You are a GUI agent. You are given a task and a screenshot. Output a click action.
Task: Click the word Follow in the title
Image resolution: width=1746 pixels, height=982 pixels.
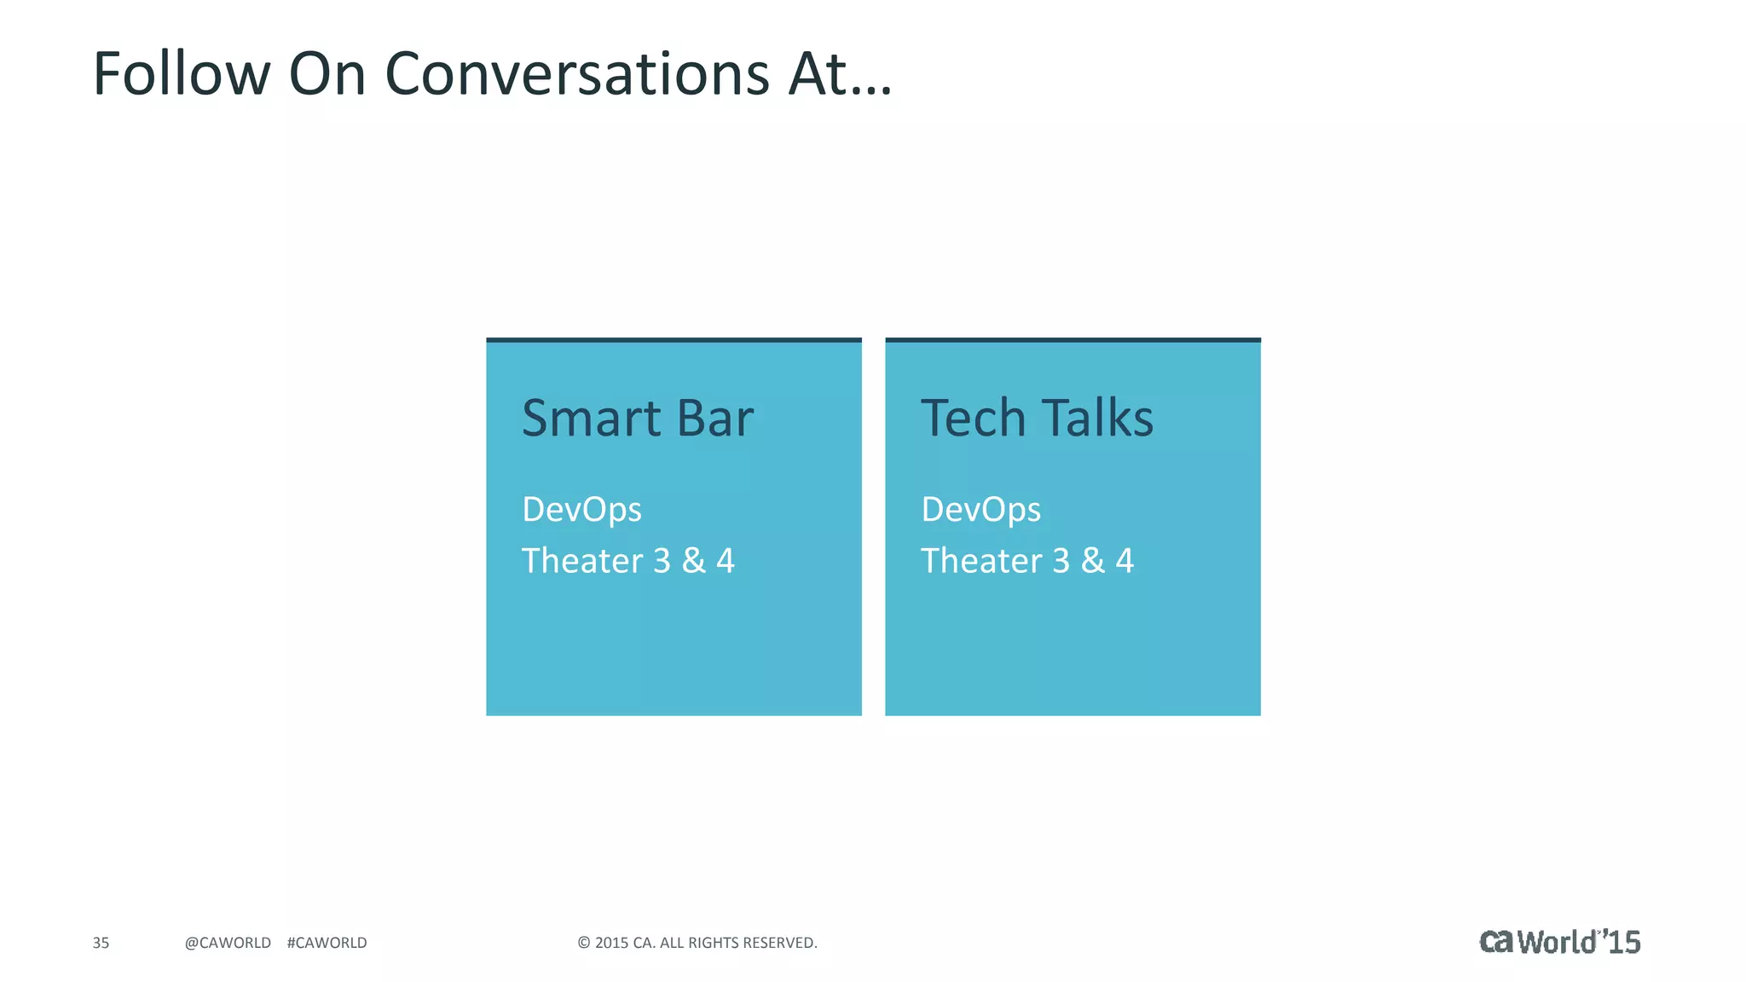(181, 73)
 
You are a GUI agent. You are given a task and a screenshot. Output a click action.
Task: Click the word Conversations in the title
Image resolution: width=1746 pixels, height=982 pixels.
(577, 73)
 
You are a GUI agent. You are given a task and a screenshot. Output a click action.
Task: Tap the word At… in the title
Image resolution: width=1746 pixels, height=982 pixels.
(840, 73)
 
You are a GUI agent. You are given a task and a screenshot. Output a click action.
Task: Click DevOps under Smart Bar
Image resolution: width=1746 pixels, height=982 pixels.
(581, 510)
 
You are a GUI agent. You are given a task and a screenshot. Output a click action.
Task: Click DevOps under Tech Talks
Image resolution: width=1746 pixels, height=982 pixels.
(980, 510)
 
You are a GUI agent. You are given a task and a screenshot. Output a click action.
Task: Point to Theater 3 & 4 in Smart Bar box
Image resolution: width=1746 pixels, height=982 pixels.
(627, 561)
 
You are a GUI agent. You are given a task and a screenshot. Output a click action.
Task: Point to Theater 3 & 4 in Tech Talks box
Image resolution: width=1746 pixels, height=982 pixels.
(1026, 561)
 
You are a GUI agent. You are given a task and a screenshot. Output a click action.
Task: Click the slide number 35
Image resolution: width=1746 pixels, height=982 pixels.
(101, 943)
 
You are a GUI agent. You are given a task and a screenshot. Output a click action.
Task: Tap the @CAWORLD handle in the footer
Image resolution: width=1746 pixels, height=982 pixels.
(228, 943)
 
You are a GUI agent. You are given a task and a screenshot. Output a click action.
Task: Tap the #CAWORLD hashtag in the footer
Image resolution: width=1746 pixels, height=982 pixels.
(327, 943)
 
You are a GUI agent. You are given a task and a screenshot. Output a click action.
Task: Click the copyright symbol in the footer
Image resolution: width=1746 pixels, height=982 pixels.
(584, 943)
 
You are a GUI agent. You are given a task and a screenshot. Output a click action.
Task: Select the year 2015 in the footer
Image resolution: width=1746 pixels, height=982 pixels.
(611, 943)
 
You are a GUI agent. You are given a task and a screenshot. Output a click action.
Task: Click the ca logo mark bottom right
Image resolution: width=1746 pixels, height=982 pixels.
(1496, 942)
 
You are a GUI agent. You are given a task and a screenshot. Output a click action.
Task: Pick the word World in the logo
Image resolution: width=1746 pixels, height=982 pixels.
(1557, 943)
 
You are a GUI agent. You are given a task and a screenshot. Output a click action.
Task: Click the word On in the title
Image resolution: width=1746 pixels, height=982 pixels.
(327, 73)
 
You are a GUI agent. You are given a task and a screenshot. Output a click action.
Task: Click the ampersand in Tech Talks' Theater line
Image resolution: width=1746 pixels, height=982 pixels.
(1093, 561)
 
